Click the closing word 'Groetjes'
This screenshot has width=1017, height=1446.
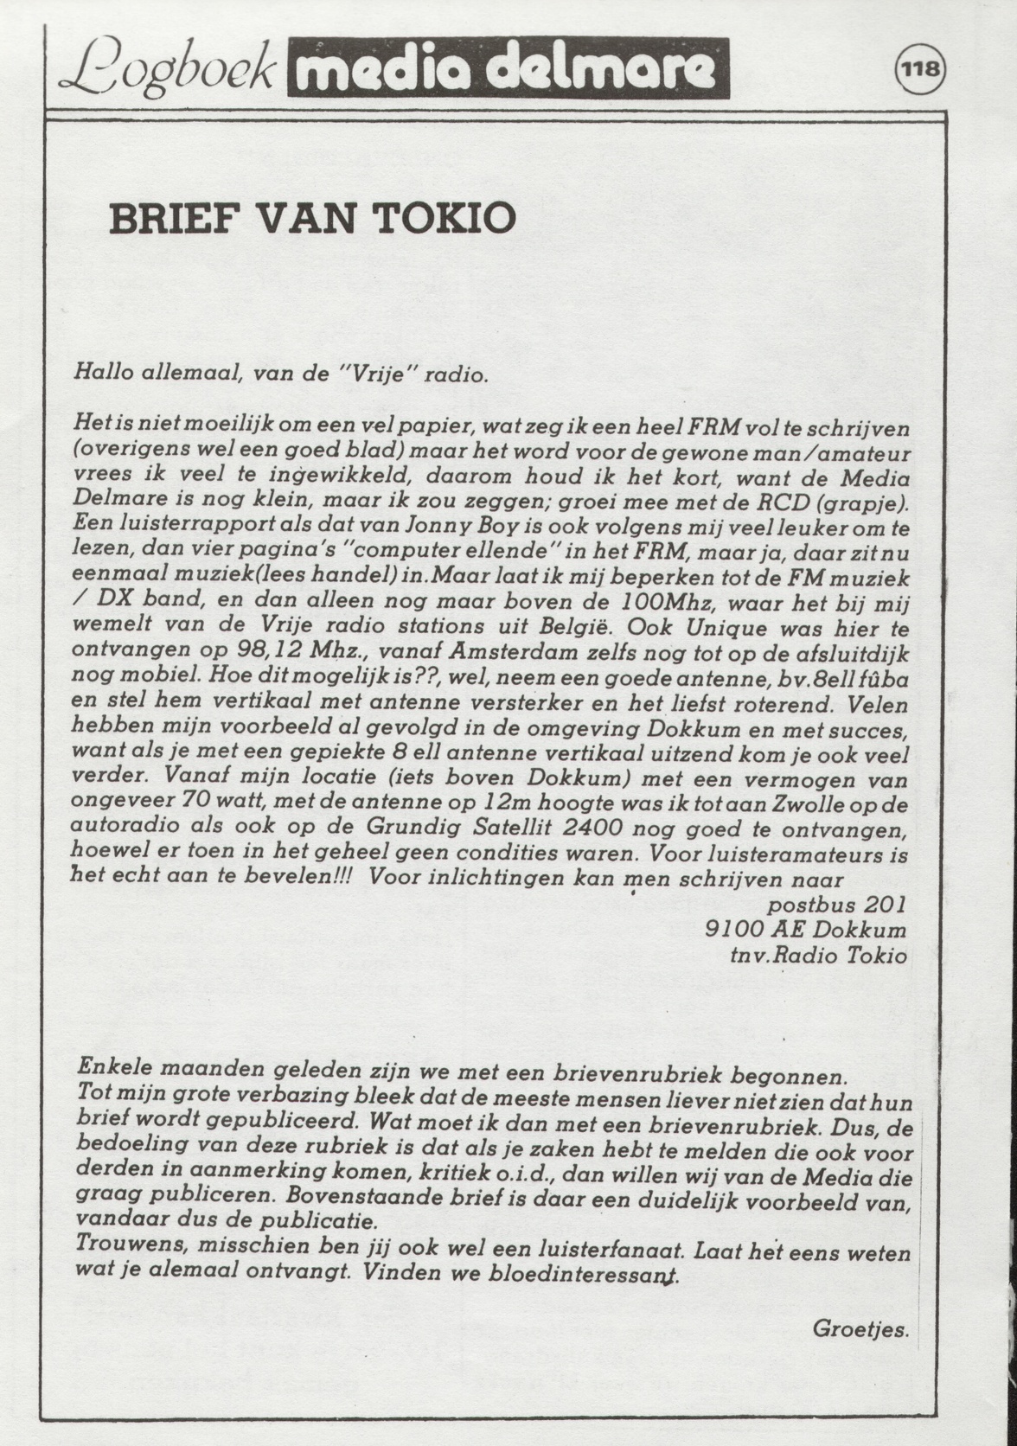pyautogui.click(x=860, y=1329)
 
